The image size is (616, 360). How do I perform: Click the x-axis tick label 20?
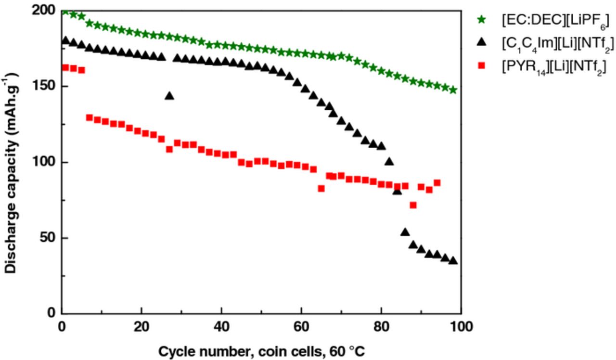coord(141,327)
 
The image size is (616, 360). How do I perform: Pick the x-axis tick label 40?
coord(221,327)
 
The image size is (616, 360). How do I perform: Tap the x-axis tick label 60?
coord(301,327)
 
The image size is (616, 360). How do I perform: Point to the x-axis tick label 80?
coord(381,327)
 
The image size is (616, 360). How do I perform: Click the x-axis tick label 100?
coord(461,327)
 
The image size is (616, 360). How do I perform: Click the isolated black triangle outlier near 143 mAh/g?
coord(169,96)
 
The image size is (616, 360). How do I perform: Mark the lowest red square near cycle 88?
coord(413,205)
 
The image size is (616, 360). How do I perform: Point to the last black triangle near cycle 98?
coord(453,260)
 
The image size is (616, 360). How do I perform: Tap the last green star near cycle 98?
coord(453,90)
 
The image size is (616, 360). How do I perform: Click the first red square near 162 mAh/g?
coord(65,67)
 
